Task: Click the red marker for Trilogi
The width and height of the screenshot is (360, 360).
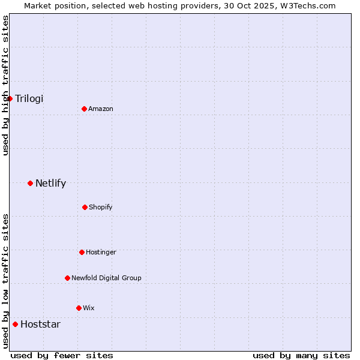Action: (10, 98)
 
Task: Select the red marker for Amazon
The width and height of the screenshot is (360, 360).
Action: (84, 109)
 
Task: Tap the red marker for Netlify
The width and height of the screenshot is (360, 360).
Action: (30, 183)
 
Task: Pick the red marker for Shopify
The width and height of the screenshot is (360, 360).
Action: (85, 207)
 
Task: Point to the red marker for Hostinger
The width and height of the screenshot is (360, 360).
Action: (82, 252)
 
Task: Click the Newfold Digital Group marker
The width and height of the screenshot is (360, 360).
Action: (67, 278)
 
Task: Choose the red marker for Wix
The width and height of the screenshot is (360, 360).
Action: (79, 308)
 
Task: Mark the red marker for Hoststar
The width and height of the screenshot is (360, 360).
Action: (15, 324)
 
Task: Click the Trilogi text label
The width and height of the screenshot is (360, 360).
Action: (29, 98)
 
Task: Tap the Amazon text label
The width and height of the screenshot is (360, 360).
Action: (101, 109)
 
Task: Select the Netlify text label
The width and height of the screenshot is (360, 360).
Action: (50, 183)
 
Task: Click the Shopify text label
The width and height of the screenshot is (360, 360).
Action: (101, 207)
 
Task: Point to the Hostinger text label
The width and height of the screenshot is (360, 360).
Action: (101, 252)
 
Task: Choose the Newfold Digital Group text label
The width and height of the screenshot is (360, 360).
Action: (106, 278)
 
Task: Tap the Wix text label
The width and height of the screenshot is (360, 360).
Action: (89, 308)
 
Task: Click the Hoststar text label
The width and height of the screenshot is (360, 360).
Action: (40, 324)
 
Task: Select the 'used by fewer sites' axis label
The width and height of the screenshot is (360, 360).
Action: (62, 355)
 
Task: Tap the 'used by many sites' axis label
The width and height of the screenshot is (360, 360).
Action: (301, 355)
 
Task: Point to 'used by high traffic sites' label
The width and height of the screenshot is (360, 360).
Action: (5, 85)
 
